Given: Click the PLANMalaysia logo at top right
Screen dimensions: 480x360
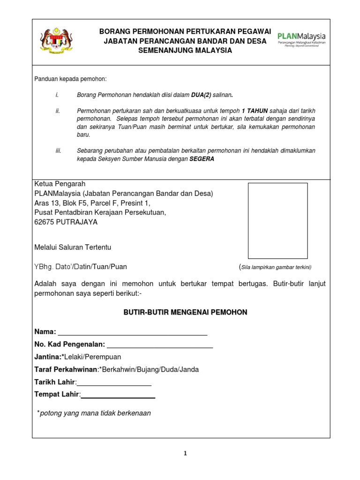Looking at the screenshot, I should pos(301,39).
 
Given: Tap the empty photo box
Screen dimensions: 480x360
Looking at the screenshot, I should pos(277,220).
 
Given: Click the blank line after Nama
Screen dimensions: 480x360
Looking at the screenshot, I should pos(132,332).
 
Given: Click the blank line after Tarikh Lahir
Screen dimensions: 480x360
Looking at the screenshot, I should pos(114,382).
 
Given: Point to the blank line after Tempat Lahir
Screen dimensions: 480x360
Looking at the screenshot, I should pos(118,395).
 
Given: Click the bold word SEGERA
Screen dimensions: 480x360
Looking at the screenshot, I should pos(202,159).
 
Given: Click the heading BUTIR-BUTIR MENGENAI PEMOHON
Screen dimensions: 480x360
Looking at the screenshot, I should pos(185,312).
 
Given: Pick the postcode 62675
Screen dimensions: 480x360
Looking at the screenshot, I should pos(44,222).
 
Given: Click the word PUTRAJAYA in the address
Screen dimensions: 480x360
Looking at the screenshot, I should pos(77,222).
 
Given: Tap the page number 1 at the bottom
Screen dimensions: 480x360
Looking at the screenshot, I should pos(185,453).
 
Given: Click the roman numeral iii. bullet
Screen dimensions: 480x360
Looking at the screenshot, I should pos(58,150).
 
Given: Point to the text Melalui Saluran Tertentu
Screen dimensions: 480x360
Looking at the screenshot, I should pos(73,247).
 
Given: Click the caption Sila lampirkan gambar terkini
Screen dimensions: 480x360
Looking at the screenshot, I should pos(277,267).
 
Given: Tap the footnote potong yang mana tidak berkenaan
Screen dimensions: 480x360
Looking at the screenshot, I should pos(95,413).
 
